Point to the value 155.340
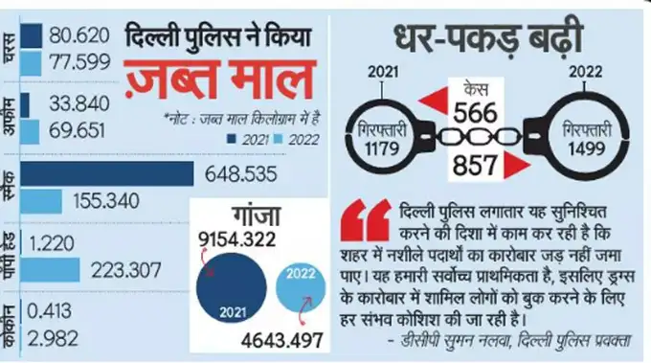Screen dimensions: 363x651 pyautogui.click(x=101, y=202)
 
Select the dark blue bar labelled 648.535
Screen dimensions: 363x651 pyautogui.click(x=106, y=174)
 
